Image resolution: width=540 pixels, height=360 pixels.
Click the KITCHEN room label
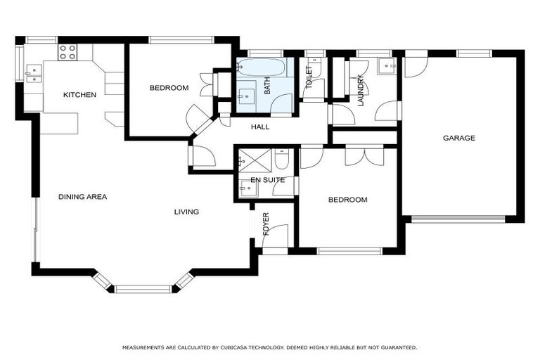(x=79, y=95)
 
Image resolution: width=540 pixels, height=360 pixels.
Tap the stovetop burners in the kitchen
(x=67, y=51)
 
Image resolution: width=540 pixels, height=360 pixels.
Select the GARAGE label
(x=458, y=139)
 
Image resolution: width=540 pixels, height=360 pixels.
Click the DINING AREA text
(x=82, y=197)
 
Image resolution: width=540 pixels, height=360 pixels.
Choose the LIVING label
(x=187, y=212)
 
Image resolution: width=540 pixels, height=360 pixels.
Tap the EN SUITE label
(x=267, y=180)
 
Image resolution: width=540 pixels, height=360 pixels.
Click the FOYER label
(x=266, y=223)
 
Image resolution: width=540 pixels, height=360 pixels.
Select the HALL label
(x=261, y=127)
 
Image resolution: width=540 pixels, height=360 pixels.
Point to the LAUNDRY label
(x=361, y=91)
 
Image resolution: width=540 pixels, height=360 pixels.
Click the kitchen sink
(x=32, y=73)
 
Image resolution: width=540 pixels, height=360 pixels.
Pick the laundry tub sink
(x=387, y=66)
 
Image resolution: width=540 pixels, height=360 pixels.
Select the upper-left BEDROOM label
(x=169, y=88)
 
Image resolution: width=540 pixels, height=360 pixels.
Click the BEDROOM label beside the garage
(x=347, y=200)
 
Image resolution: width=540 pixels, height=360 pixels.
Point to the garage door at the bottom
(x=458, y=219)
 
